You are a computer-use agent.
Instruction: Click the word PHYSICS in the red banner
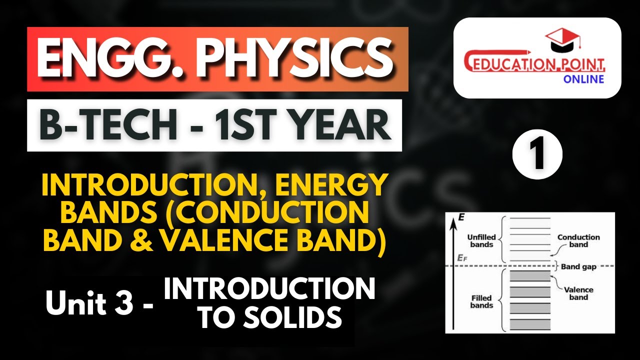coord(295,59)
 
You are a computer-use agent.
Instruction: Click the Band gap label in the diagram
coord(578,266)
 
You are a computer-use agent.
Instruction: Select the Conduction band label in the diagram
coord(578,241)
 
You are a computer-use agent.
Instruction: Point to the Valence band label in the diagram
coord(578,293)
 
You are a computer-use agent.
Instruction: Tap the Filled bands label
coord(481,301)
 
